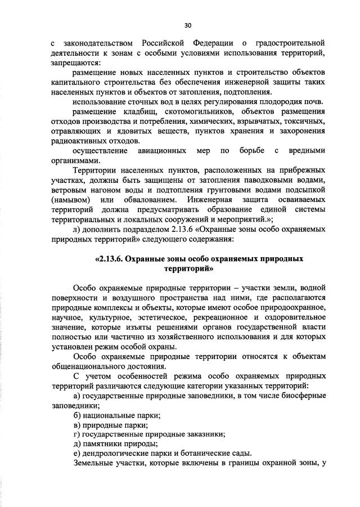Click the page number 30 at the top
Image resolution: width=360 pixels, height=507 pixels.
coord(188,25)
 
